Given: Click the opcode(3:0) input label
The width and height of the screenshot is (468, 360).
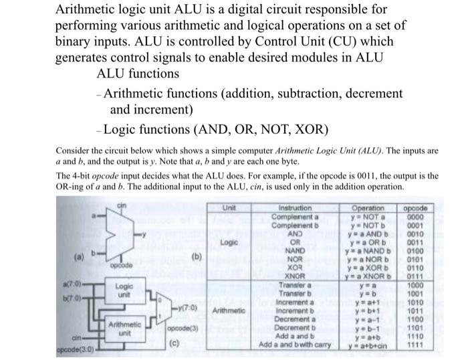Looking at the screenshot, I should pos(76,350).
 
